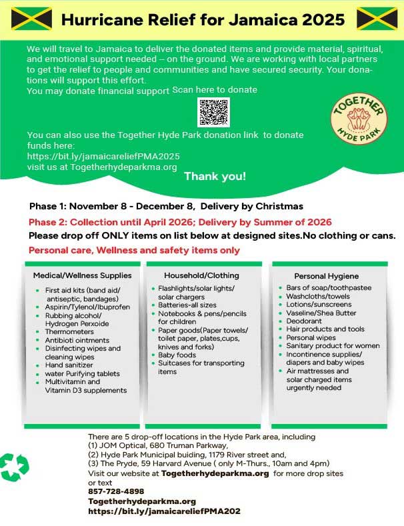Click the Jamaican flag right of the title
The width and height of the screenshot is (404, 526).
(377, 19)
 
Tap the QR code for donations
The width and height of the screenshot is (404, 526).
(213, 112)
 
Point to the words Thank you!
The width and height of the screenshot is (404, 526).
(215, 177)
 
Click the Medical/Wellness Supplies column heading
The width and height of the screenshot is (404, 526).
(83, 275)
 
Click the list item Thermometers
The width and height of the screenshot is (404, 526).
(71, 332)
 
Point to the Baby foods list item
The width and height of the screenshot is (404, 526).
(177, 355)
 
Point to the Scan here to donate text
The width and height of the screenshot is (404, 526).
(215, 89)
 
